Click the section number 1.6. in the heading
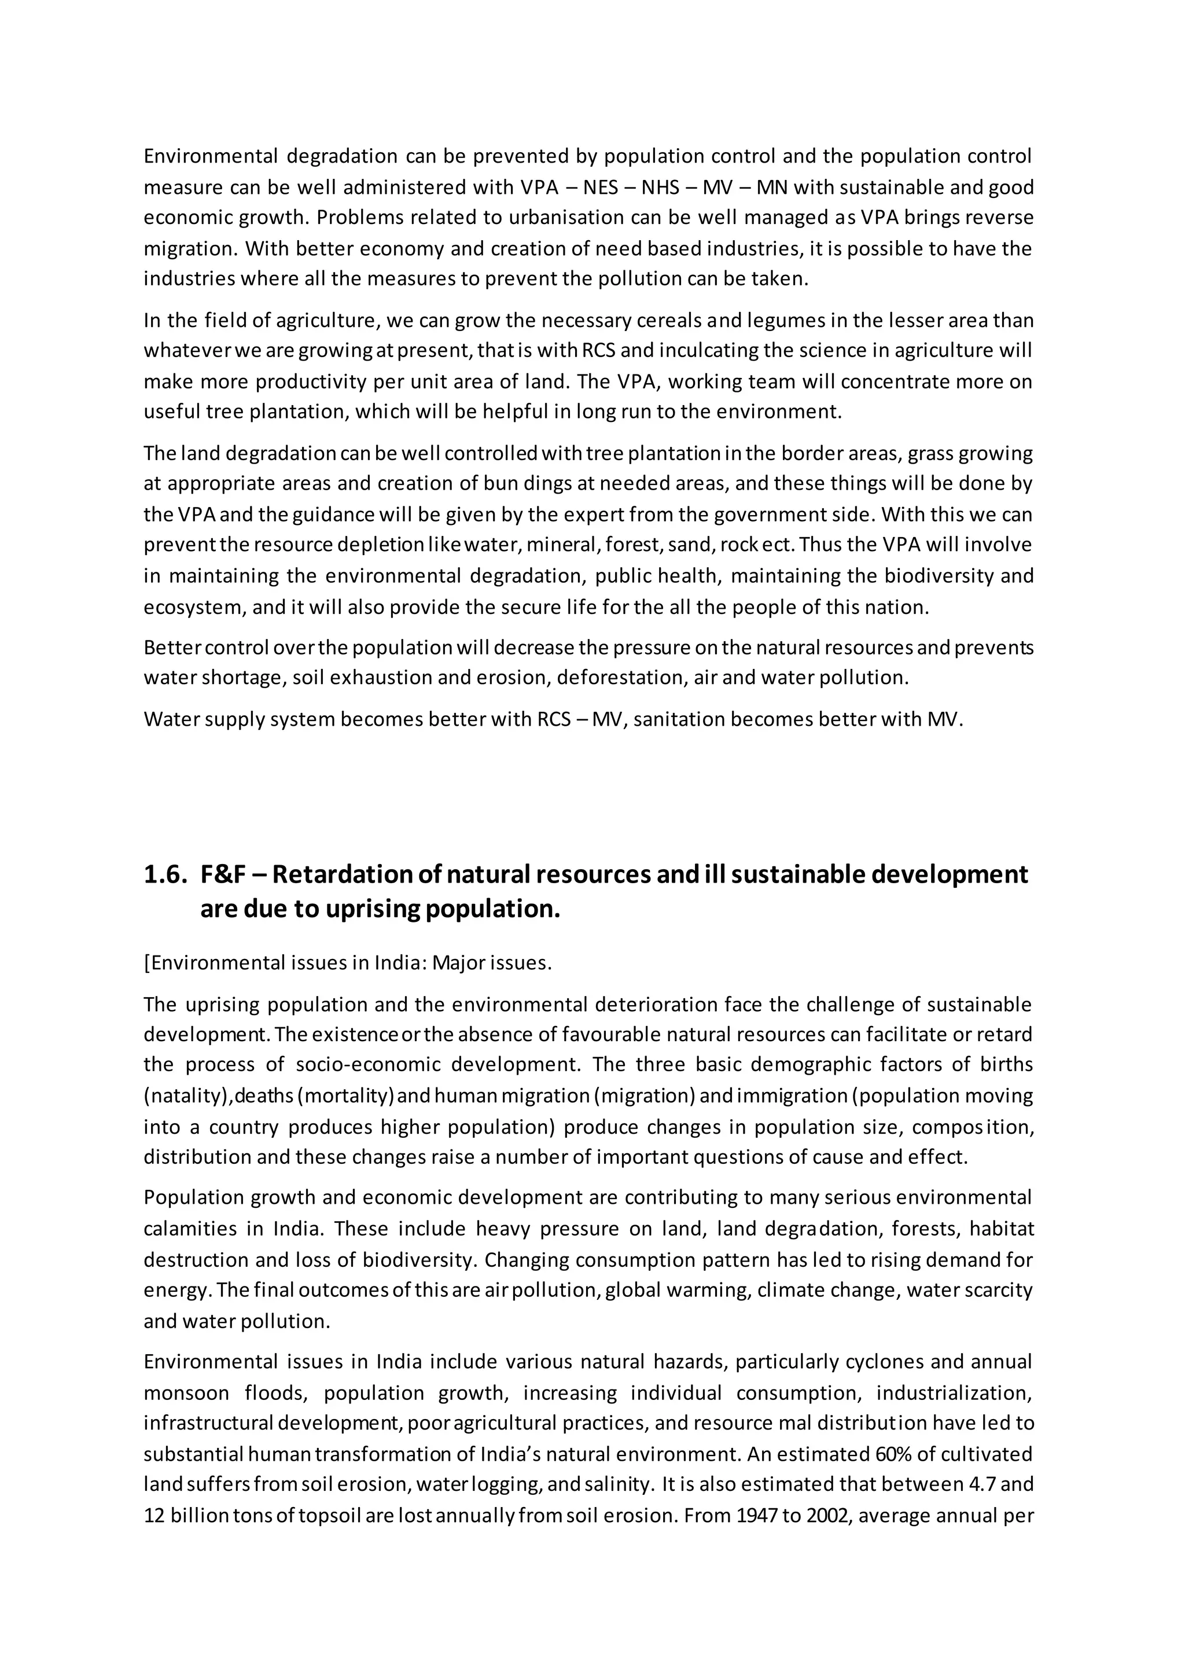(x=165, y=874)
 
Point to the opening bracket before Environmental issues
(x=146, y=963)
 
